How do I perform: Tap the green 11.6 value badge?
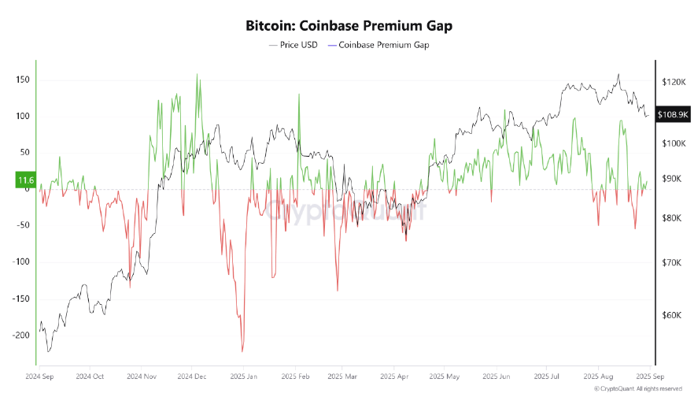coord(24,180)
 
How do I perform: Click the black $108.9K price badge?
coord(673,115)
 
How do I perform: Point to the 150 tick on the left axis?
coord(21,80)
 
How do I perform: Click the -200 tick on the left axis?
coord(18,335)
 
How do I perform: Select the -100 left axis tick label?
coord(18,262)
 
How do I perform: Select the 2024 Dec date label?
coord(191,377)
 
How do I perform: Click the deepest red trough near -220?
coord(242,351)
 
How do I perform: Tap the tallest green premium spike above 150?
coord(197,76)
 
